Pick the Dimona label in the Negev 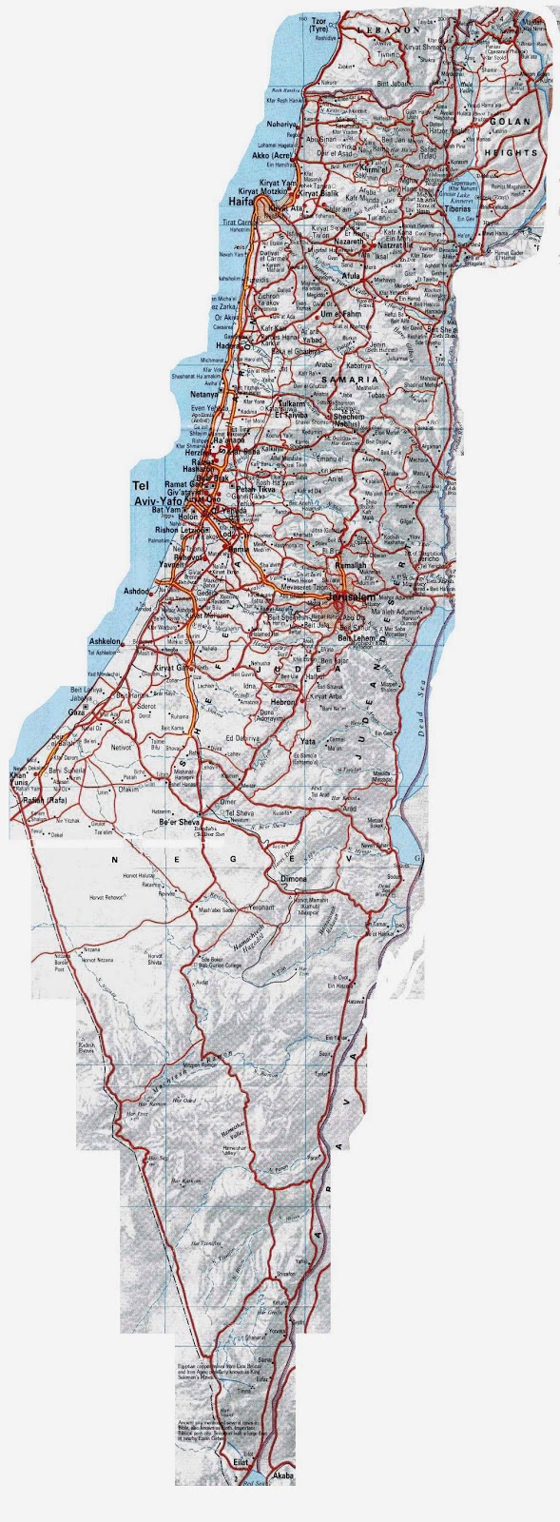(294, 879)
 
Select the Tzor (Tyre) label (314, 25)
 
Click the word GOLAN (513, 122)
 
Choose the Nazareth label (349, 244)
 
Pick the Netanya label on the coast (204, 393)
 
